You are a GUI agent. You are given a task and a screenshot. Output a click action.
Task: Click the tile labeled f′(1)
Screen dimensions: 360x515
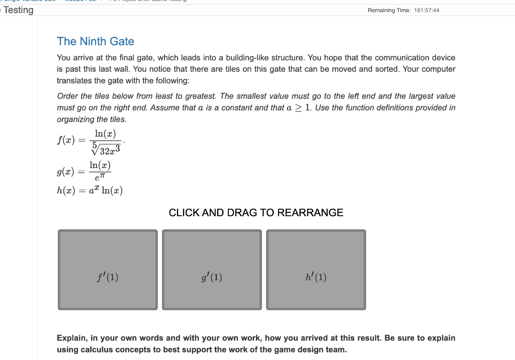[x=108, y=269]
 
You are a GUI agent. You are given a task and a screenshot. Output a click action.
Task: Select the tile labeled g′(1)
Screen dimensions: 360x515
[x=212, y=269]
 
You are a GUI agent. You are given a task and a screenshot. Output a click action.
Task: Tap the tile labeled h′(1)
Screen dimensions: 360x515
[x=316, y=269]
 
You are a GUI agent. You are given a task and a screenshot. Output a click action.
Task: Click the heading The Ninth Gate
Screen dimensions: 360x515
[x=96, y=41]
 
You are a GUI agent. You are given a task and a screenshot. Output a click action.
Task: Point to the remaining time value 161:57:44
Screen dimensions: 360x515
[x=426, y=11]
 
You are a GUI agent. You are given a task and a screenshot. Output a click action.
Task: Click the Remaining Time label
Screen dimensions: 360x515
[x=389, y=11]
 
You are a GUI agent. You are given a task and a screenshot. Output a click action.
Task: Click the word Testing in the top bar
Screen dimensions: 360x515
[x=19, y=10]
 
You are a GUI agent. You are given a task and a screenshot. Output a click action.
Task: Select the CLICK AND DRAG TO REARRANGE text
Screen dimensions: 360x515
[x=256, y=213]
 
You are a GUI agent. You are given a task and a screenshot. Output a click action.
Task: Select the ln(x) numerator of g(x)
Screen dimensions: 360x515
[x=100, y=165]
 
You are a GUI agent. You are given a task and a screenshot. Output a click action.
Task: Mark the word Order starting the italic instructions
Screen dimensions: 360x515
[x=67, y=96]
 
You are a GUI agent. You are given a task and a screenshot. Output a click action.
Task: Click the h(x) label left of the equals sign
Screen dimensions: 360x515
[x=65, y=191]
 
